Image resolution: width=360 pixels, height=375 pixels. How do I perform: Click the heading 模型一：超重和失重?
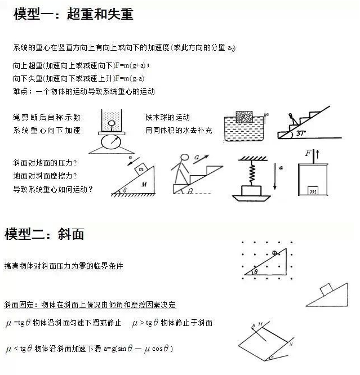tap(73, 14)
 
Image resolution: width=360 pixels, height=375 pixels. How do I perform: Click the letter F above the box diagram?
tap(308, 153)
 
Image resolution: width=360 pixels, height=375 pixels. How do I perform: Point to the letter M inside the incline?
tap(144, 184)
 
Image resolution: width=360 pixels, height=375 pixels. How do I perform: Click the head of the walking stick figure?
tap(184, 160)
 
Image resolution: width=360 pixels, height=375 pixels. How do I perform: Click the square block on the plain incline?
tap(326, 289)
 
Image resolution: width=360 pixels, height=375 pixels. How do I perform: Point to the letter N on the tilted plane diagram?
tap(291, 343)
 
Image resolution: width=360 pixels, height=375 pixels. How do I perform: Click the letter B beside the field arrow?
tap(254, 325)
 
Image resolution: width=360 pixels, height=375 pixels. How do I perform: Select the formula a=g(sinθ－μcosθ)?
tap(137, 349)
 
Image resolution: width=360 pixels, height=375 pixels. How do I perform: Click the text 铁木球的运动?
tap(167, 118)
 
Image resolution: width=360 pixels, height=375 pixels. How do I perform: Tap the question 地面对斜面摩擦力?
tap(45, 176)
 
